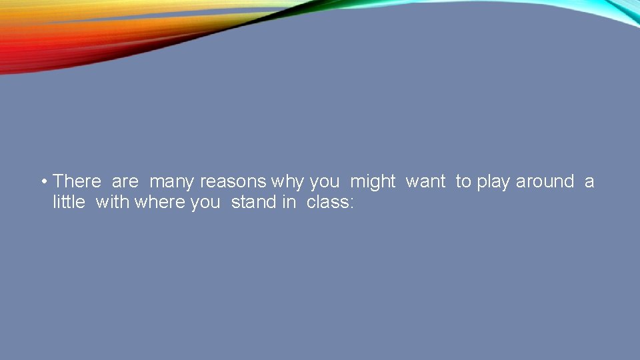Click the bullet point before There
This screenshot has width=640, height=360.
click(x=43, y=181)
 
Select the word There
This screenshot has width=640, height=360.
click(x=77, y=181)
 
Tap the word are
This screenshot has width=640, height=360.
click(x=125, y=181)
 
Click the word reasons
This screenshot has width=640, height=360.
click(x=233, y=182)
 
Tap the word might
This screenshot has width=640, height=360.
click(x=373, y=182)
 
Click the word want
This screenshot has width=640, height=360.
click(x=425, y=182)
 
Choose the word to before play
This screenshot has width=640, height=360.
click(x=463, y=181)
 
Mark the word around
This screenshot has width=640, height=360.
click(x=545, y=181)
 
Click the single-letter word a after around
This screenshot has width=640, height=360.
click(x=589, y=182)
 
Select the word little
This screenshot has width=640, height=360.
click(x=69, y=202)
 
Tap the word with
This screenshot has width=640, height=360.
click(x=113, y=202)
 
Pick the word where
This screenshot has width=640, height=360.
click(x=160, y=202)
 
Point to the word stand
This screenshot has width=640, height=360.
click(x=253, y=202)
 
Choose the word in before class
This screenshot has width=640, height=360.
click(x=289, y=202)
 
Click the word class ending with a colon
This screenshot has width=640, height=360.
click(x=330, y=202)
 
